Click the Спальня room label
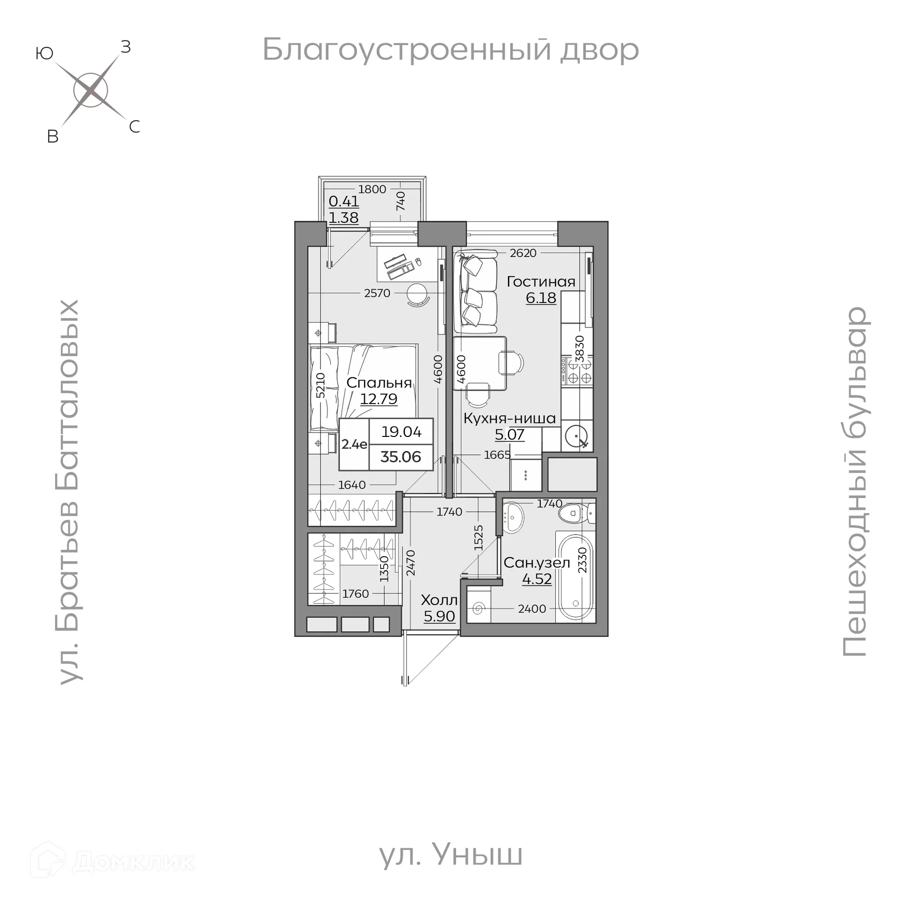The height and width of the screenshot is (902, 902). (379, 383)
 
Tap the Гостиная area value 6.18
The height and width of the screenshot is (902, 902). (541, 298)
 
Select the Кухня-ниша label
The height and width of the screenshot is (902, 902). (509, 418)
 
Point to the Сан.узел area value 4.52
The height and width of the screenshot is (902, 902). (537, 579)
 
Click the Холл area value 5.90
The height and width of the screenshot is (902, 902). (439, 616)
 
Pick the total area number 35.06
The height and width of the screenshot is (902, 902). (401, 457)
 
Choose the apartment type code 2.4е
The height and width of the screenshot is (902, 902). (354, 444)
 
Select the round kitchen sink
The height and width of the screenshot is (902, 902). (576, 437)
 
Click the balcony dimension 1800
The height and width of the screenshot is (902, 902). (372, 189)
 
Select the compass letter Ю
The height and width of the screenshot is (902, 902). (44, 54)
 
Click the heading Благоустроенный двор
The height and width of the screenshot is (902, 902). (451, 50)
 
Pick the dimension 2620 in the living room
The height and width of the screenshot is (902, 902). (523, 253)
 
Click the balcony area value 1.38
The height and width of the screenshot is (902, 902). (343, 218)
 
